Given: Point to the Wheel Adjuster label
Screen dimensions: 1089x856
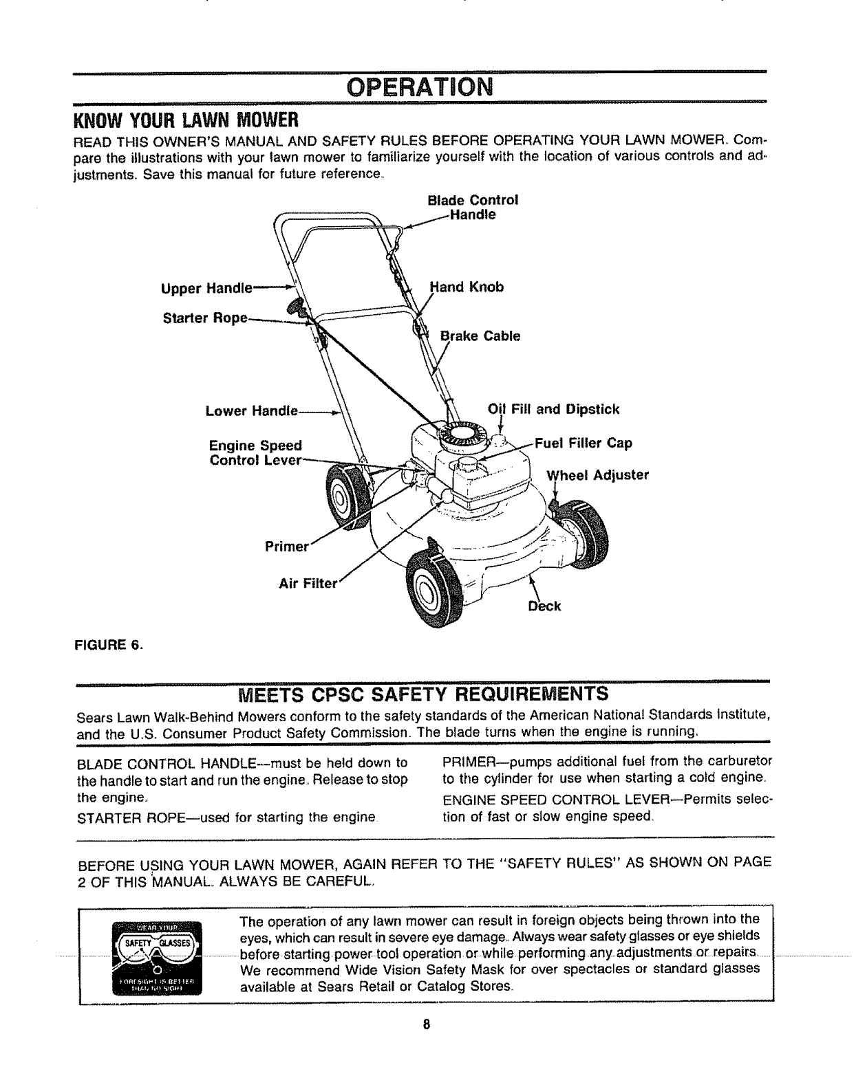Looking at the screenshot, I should (597, 474).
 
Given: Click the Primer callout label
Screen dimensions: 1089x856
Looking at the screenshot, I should (284, 547).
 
